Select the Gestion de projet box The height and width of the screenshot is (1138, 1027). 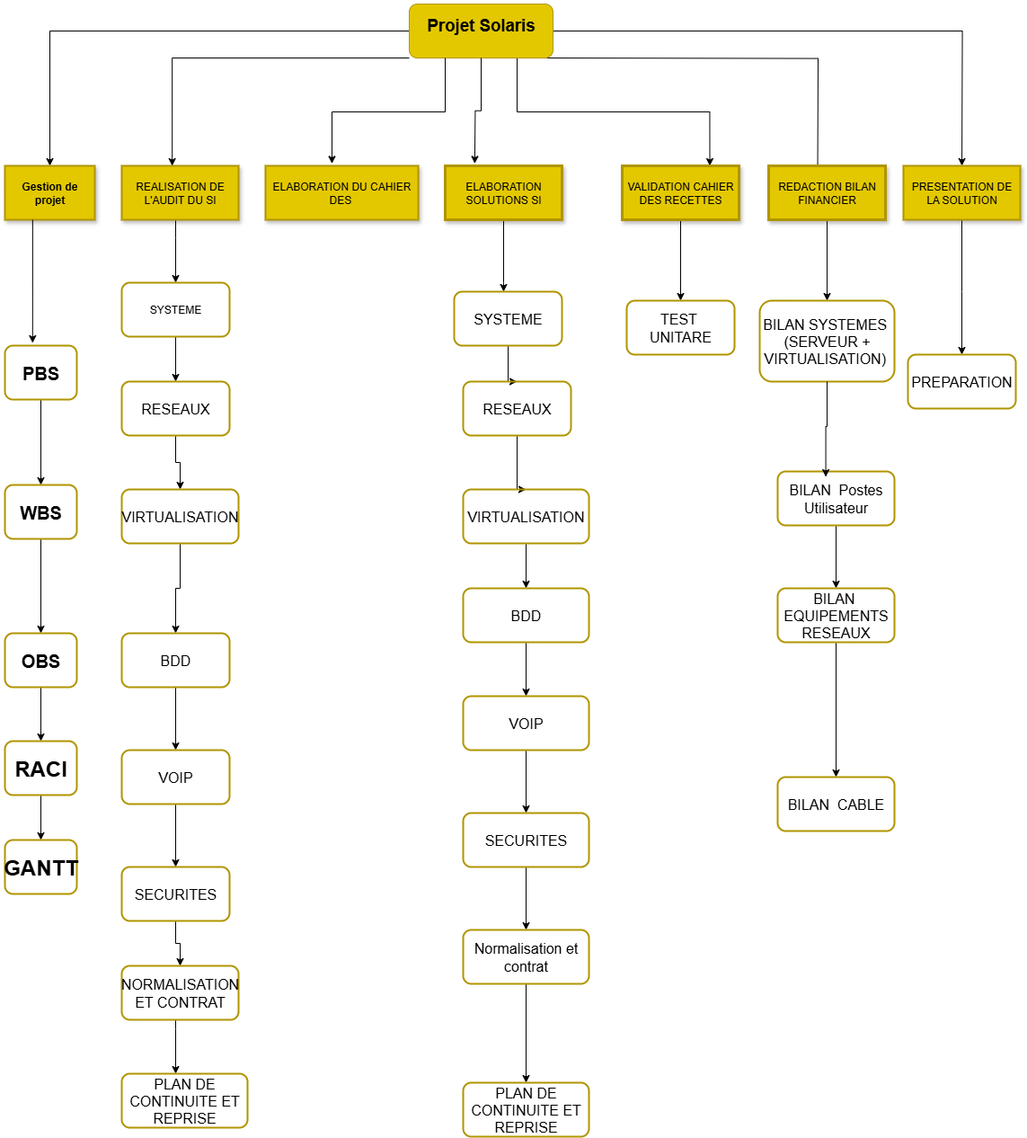[x=49, y=192]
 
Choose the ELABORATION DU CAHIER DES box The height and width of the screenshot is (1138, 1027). [x=341, y=192]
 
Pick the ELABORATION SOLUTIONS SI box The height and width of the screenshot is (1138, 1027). [x=503, y=192]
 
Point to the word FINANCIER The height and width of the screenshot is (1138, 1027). [x=827, y=200]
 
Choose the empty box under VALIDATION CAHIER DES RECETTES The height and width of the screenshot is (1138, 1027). [x=680, y=327]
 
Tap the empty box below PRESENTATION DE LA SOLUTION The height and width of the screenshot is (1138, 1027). [x=961, y=381]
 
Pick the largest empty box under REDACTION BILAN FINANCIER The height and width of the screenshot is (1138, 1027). [x=827, y=341]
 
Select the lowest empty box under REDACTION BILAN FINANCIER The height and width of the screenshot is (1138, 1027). [x=836, y=804]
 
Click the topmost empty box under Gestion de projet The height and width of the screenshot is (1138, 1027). [x=40, y=372]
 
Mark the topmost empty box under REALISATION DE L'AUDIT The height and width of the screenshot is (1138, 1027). [x=175, y=309]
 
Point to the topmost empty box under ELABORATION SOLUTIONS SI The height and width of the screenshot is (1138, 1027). [x=508, y=318]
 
